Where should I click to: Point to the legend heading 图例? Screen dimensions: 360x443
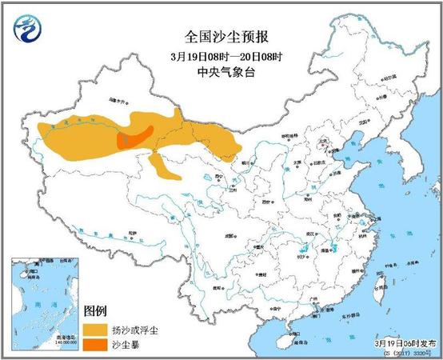pyautogui.click(x=96, y=310)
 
